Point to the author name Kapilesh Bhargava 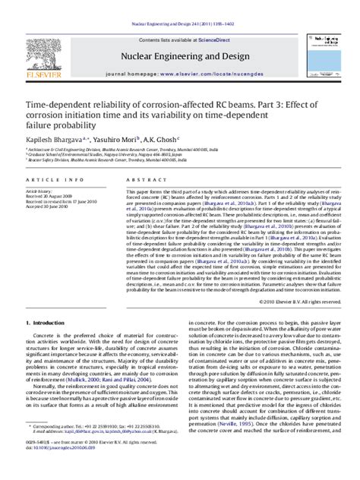coord(55,143)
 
